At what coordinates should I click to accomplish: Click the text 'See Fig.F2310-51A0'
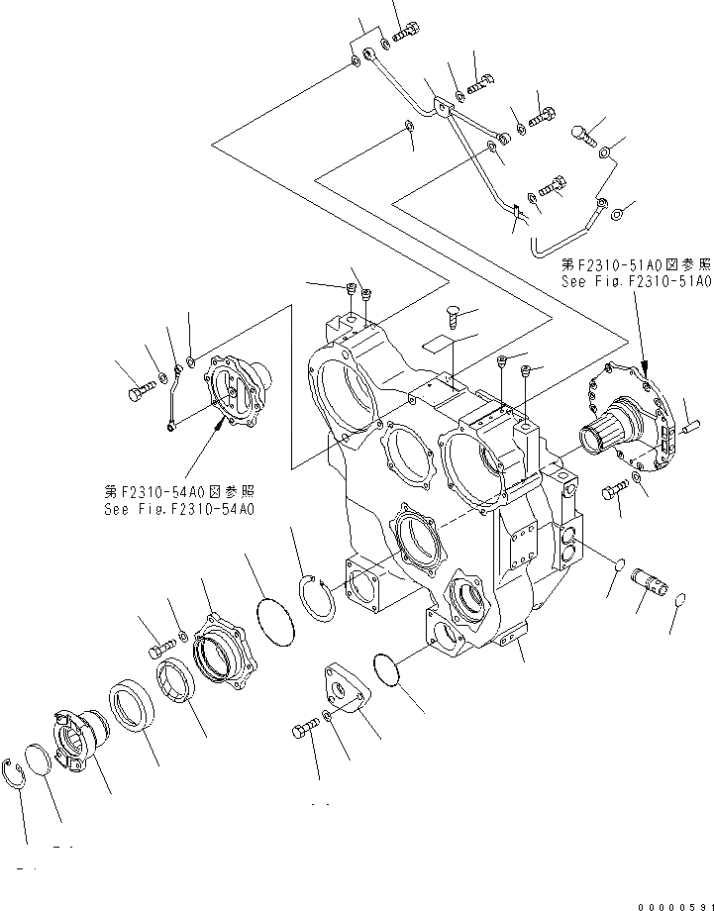tap(636, 281)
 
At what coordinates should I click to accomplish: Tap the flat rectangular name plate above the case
tap(437, 343)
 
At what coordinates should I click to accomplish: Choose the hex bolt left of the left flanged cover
tap(137, 394)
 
